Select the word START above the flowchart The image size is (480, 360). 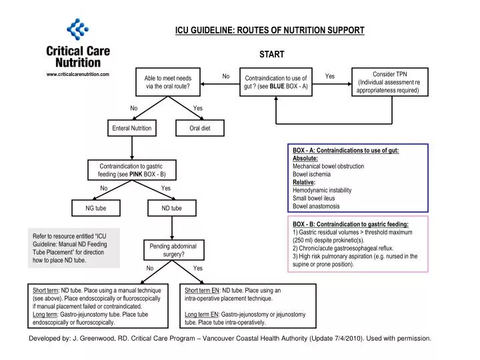pyautogui.click(x=271, y=55)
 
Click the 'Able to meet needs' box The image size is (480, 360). pyautogui.click(x=168, y=83)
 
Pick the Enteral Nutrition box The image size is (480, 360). pyautogui.click(x=132, y=128)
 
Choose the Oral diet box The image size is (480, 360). pyautogui.click(x=199, y=128)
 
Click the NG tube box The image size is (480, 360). pyautogui.click(x=95, y=209)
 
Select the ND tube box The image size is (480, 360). pyautogui.click(x=171, y=209)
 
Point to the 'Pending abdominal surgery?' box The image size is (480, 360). pyautogui.click(x=173, y=250)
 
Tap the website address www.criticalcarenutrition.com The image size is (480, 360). pyautogui.click(x=78, y=75)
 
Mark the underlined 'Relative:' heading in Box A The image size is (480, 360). pyautogui.click(x=304, y=182)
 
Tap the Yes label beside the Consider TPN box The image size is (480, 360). pyautogui.click(x=329, y=77)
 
